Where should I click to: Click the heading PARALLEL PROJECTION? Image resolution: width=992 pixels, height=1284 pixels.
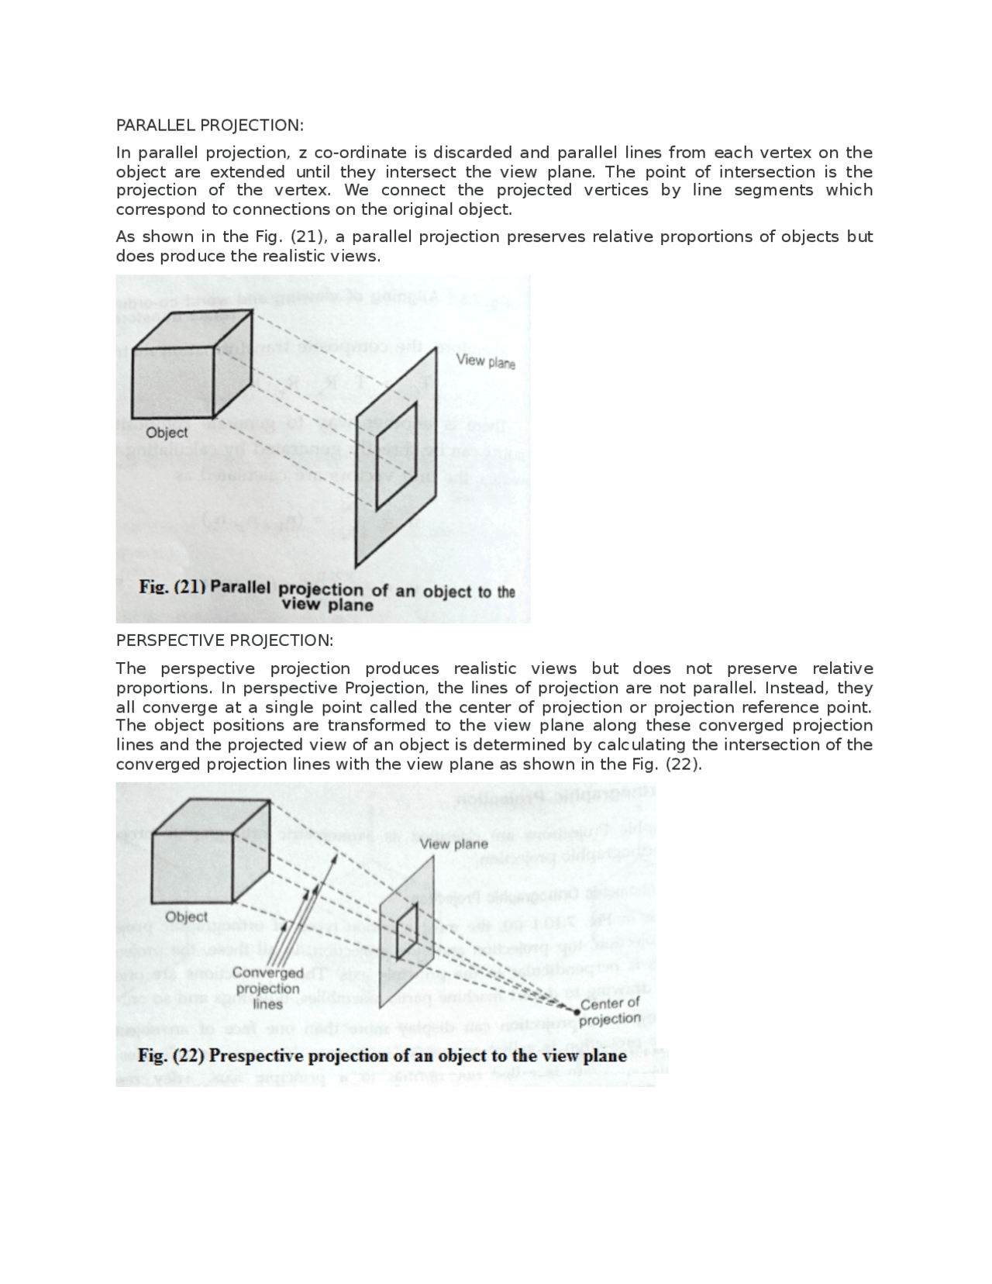pyautogui.click(x=209, y=125)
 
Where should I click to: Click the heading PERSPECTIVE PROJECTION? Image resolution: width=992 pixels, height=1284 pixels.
pyautogui.click(x=224, y=640)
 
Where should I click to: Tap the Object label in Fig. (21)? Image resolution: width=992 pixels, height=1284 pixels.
pyautogui.click(x=167, y=433)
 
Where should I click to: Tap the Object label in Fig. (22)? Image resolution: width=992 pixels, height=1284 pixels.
pyautogui.click(x=186, y=916)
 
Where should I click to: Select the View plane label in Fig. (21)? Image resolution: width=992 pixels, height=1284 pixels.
pyautogui.click(x=485, y=361)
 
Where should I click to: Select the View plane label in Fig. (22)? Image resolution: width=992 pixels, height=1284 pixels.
pyautogui.click(x=454, y=844)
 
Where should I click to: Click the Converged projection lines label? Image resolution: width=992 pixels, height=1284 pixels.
pyautogui.click(x=267, y=989)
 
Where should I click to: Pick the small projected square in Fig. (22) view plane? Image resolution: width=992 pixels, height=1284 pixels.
pyautogui.click(x=408, y=932)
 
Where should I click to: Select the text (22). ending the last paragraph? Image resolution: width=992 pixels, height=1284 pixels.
pyautogui.click(x=684, y=765)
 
